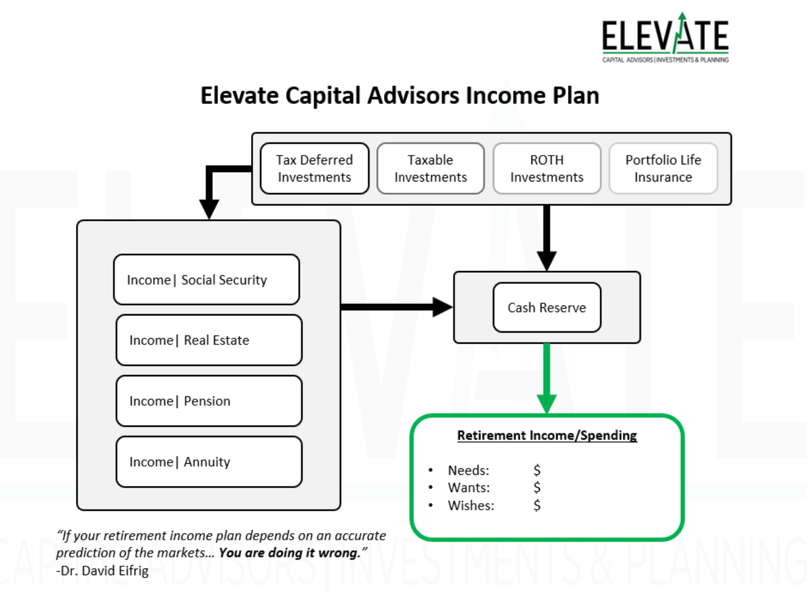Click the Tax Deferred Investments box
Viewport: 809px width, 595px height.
click(x=314, y=168)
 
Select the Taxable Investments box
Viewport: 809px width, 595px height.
click(x=431, y=168)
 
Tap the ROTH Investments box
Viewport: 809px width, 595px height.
click(x=547, y=168)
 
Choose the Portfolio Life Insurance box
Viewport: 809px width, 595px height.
click(x=663, y=168)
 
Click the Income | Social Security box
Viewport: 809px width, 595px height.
click(x=206, y=280)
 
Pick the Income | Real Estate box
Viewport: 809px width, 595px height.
click(x=209, y=340)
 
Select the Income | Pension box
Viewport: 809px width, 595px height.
click(x=209, y=401)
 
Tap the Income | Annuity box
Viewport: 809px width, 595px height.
click(x=209, y=462)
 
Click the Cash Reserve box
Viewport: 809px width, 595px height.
click(x=547, y=307)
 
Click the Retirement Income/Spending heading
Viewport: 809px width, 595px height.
click(x=547, y=436)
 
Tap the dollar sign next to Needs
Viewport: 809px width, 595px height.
click(x=536, y=470)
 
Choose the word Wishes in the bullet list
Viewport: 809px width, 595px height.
click(x=471, y=505)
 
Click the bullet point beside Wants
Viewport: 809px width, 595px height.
click(x=431, y=488)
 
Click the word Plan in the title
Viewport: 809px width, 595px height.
click(x=576, y=96)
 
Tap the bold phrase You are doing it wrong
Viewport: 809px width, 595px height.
click(x=289, y=553)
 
